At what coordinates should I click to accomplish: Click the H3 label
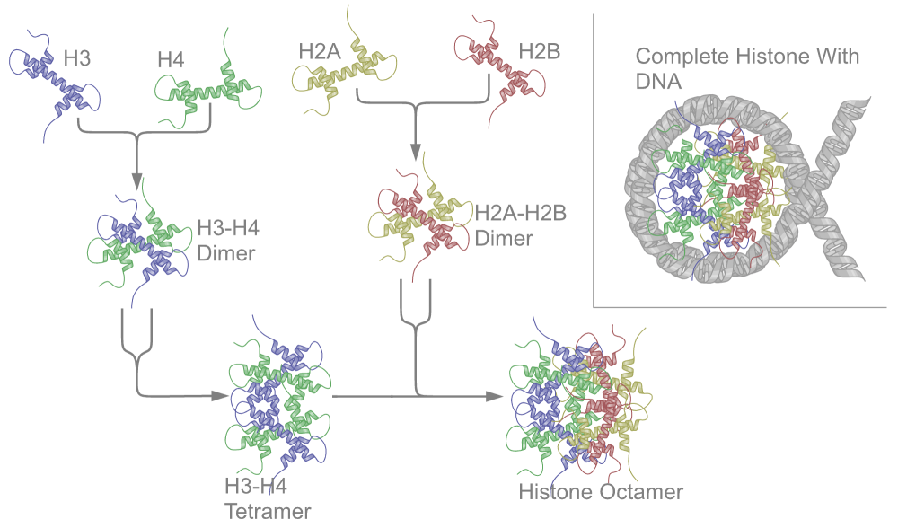pos(82,61)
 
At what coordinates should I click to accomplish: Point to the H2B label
pos(539,51)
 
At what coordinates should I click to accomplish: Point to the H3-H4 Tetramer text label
pos(268,498)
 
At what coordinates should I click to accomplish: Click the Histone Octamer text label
pos(601,492)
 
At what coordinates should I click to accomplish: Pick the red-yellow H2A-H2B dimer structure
pos(418,217)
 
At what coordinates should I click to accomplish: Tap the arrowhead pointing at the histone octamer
pos(496,396)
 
